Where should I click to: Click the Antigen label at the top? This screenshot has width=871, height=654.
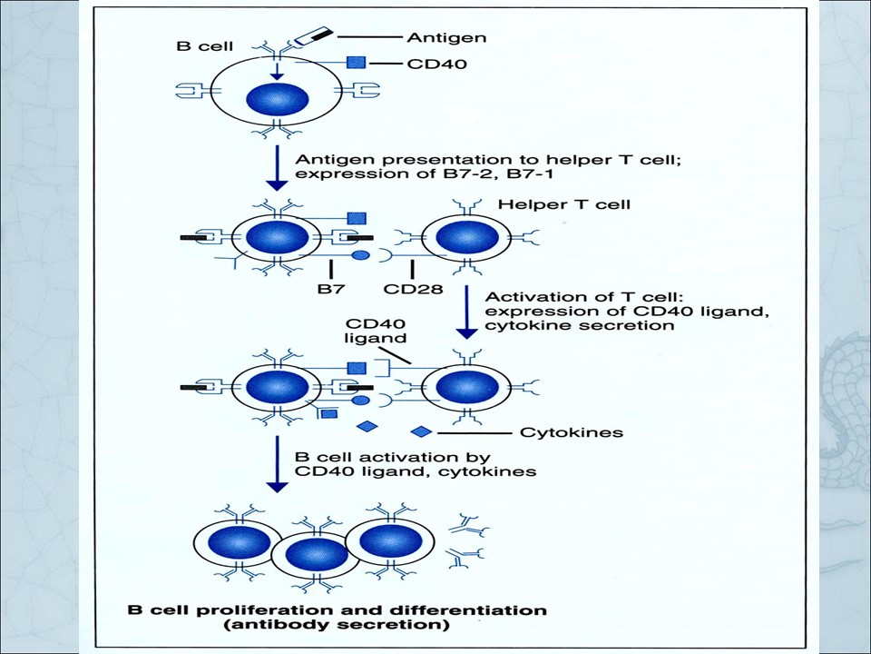446,37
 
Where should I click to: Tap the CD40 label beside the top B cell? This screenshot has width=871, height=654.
436,64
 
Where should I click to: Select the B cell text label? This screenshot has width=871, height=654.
204,45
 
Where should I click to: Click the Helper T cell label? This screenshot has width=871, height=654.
563,204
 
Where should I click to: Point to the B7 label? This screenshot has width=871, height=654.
331,289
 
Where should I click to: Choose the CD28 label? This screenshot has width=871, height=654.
414,289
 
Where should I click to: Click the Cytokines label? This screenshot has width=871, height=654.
571,432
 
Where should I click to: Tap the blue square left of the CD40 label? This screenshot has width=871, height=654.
356,63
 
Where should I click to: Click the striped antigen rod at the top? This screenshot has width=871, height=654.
313,36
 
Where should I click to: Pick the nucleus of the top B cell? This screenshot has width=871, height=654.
278,100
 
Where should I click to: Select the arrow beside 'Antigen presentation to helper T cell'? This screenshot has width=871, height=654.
278,168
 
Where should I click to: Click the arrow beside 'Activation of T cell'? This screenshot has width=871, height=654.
466,312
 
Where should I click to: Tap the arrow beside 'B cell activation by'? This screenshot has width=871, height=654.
278,464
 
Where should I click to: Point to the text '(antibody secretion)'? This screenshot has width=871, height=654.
338,625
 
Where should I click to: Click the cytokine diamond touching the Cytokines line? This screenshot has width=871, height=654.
421,431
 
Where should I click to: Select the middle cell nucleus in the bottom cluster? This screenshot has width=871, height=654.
316,557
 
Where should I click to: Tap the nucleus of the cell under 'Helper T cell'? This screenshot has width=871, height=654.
467,238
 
